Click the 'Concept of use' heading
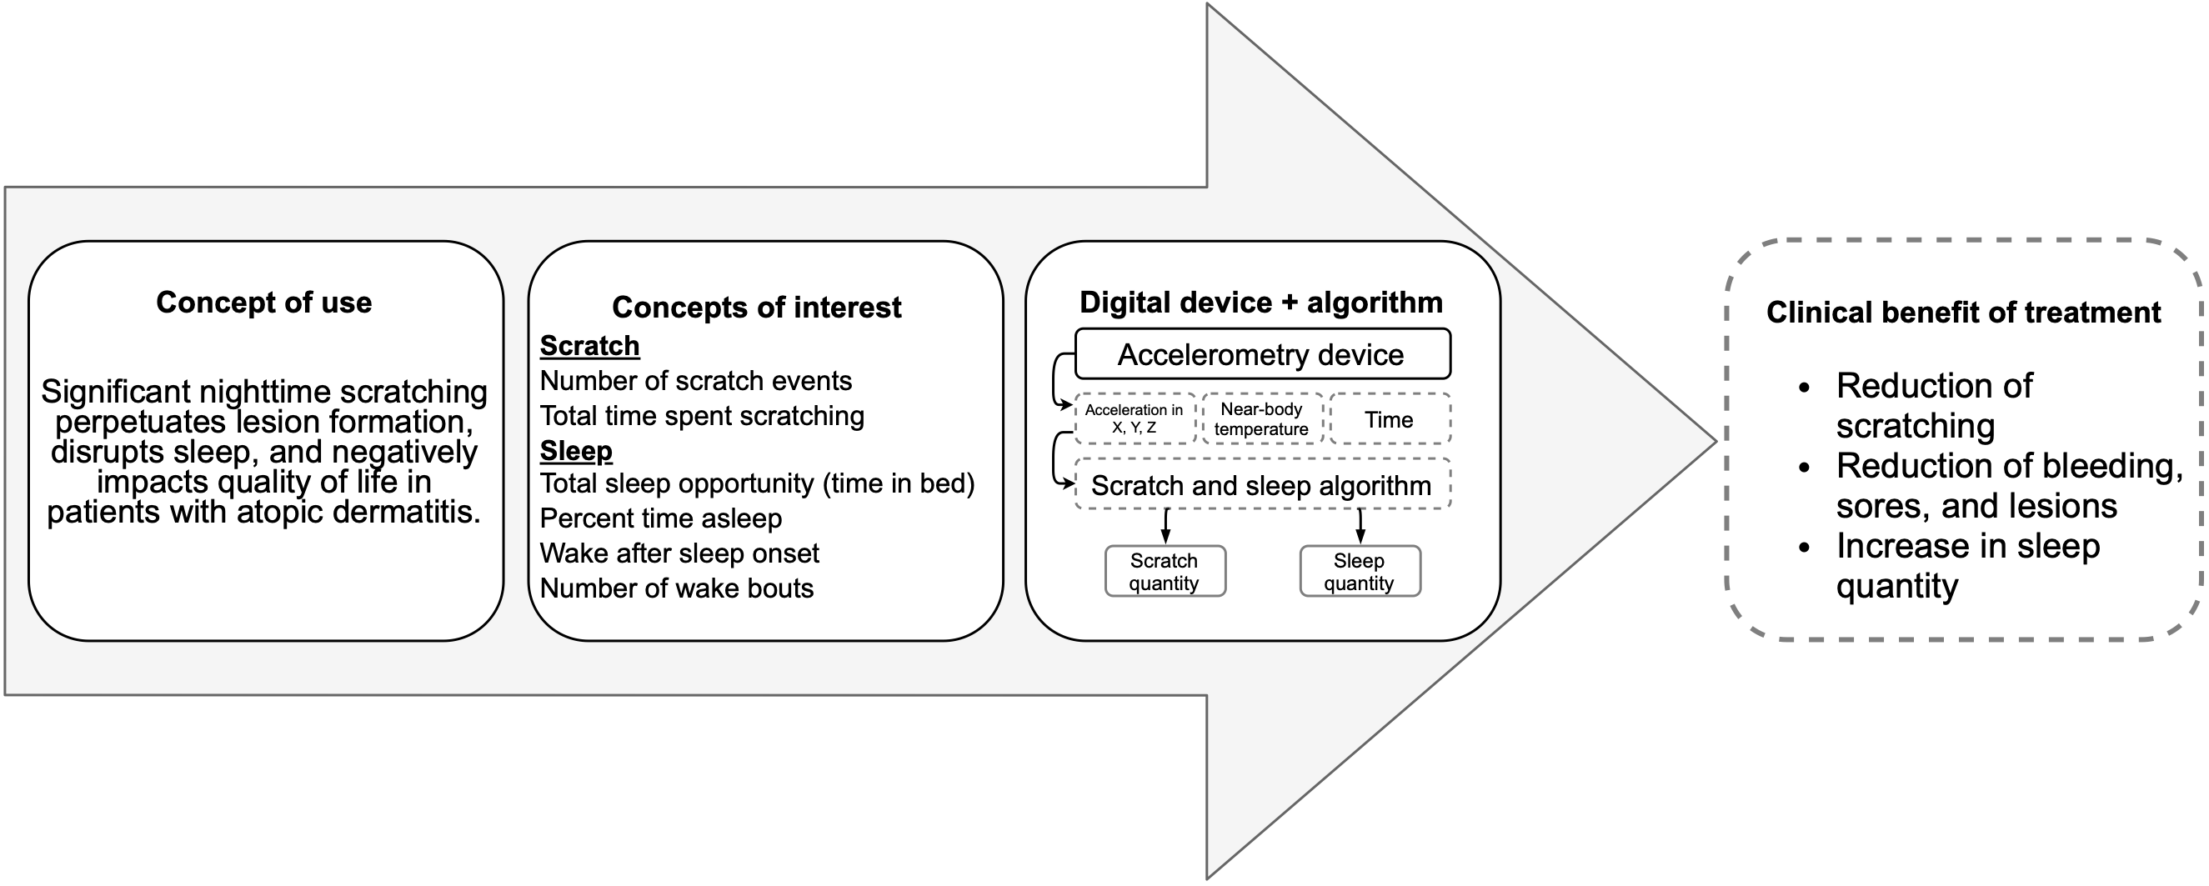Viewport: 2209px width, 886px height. [264, 303]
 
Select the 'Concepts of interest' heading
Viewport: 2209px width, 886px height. [756, 307]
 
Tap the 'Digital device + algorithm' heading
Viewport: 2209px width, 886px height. [1260, 303]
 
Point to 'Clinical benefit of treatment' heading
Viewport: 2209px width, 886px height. [1963, 313]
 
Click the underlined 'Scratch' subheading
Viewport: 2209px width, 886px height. [589, 346]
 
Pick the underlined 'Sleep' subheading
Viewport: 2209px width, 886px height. [575, 451]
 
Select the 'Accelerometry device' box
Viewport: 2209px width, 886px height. [1261, 354]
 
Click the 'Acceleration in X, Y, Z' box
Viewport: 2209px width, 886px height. [1134, 418]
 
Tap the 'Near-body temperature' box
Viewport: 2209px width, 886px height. [1261, 418]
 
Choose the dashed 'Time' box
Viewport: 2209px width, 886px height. [1390, 419]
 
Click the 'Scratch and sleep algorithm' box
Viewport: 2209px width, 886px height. [1261, 485]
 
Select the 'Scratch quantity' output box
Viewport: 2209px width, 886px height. [1165, 572]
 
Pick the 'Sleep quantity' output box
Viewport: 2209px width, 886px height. [1360, 572]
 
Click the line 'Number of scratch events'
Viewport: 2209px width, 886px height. [695, 381]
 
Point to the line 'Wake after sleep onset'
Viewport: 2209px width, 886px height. [679, 553]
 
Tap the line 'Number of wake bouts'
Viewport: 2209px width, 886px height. [677, 588]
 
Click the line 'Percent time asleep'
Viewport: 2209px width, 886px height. [660, 518]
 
